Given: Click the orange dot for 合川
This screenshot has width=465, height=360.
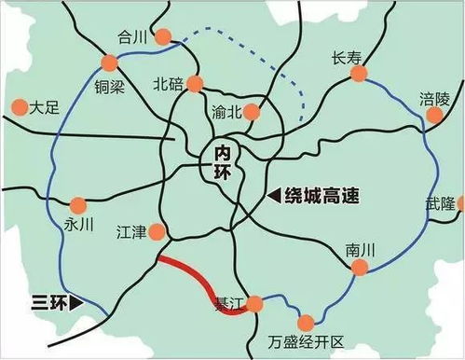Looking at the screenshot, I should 164,37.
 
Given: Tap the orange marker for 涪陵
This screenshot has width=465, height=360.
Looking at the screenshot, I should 435,116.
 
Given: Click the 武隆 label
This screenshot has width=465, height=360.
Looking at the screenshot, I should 442,203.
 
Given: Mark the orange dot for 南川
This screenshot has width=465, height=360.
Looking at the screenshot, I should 358,268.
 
